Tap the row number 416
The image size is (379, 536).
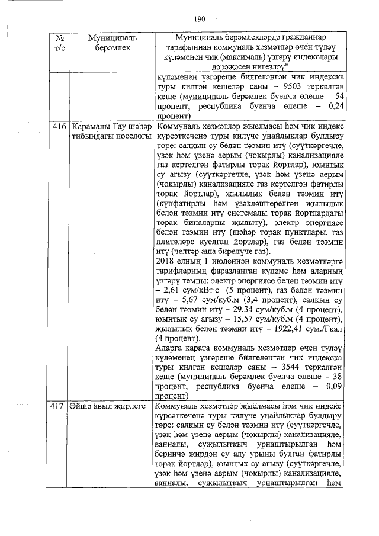coord(58,127)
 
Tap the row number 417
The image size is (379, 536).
coord(58,406)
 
